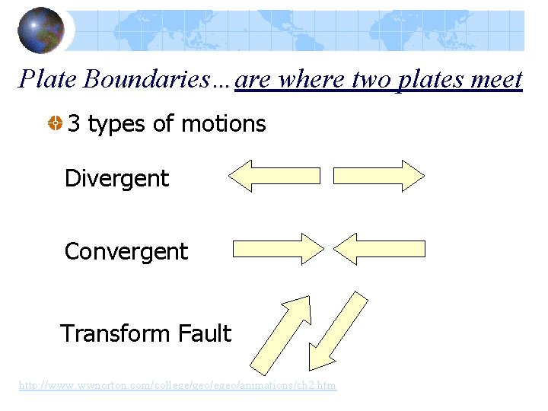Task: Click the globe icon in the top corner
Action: pos(41,30)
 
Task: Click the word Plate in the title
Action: pos(49,79)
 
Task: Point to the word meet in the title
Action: pos(492,79)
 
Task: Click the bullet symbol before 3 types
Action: pos(55,124)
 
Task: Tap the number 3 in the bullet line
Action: pos(74,124)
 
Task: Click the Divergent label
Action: pos(116,179)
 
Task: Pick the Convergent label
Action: pos(126,251)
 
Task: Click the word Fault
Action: pos(204,333)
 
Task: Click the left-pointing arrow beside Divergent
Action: pos(274,176)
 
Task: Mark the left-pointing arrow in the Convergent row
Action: pos(379,249)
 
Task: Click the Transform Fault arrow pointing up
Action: pos(281,334)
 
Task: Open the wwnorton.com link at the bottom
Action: pos(177,386)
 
